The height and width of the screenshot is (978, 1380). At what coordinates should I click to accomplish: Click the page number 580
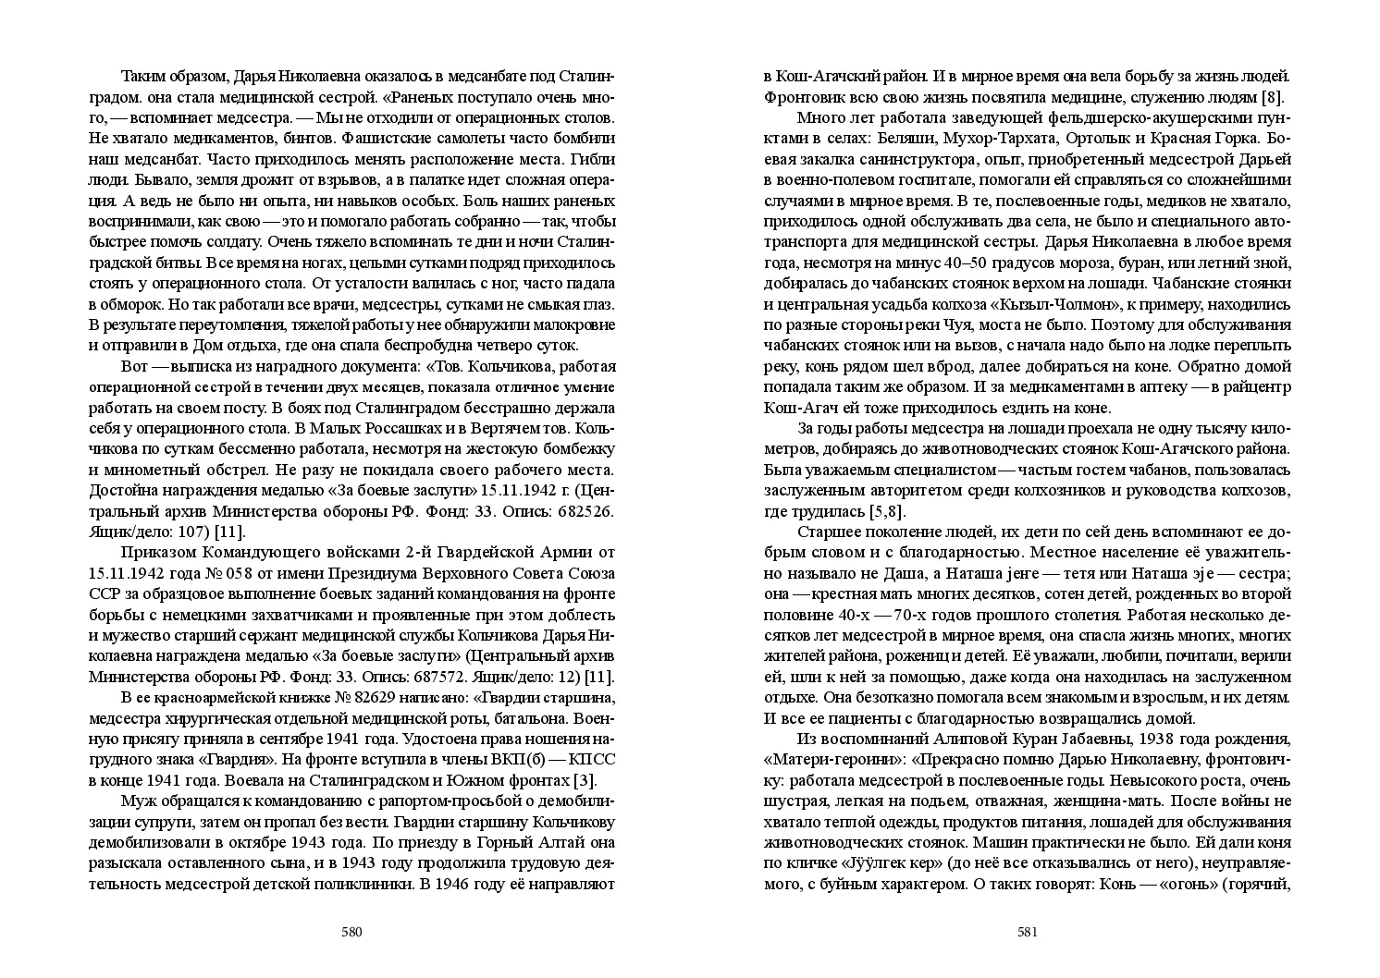click(x=351, y=932)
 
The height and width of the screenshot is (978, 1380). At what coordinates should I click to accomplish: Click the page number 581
click(x=1029, y=932)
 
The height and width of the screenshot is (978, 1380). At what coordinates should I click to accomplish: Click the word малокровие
click(x=562, y=324)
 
